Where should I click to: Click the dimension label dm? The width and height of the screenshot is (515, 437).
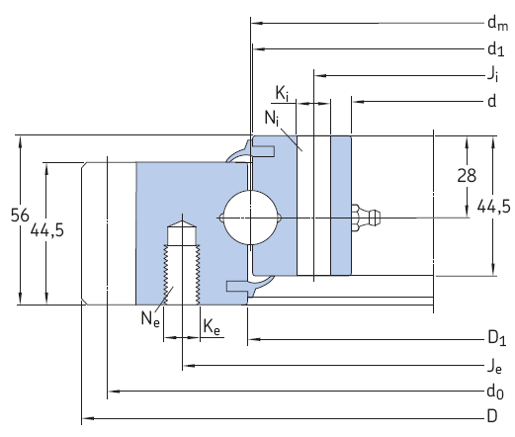(495, 23)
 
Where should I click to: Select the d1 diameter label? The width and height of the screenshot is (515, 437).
(494, 48)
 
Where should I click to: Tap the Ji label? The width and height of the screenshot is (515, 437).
(491, 74)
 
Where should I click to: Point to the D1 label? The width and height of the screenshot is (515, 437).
(495, 341)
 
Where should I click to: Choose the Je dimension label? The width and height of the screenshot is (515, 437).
(493, 367)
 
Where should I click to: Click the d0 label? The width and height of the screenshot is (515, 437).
(494, 393)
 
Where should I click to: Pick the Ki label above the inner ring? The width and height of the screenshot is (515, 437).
(283, 95)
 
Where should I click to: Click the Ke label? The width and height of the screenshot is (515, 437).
(212, 326)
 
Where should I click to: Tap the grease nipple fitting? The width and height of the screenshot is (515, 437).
(368, 216)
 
